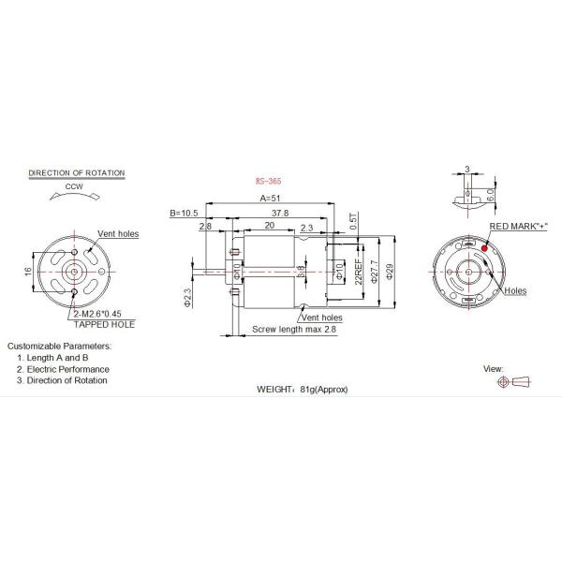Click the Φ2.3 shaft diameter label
pyautogui.click(x=187, y=297)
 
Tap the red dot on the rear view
pyautogui.click(x=484, y=247)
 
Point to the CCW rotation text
pyautogui.click(x=76, y=187)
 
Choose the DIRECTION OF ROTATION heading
pyautogui.click(x=77, y=173)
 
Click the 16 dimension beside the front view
pyautogui.click(x=29, y=271)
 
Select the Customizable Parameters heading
pyautogui.click(x=60, y=346)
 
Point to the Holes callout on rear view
pyautogui.click(x=514, y=291)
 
